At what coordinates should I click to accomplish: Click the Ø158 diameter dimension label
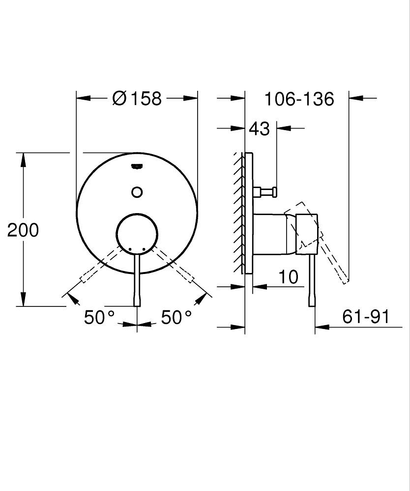click(137, 98)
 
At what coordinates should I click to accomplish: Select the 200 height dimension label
click(23, 230)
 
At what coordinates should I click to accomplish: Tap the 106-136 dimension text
click(299, 99)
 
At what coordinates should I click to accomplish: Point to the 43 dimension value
click(259, 129)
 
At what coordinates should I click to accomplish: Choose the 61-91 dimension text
click(365, 317)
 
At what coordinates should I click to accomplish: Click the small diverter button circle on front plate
click(137, 192)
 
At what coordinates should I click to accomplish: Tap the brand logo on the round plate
click(137, 166)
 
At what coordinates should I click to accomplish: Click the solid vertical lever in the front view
click(137, 280)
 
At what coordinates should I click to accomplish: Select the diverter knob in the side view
click(266, 191)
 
